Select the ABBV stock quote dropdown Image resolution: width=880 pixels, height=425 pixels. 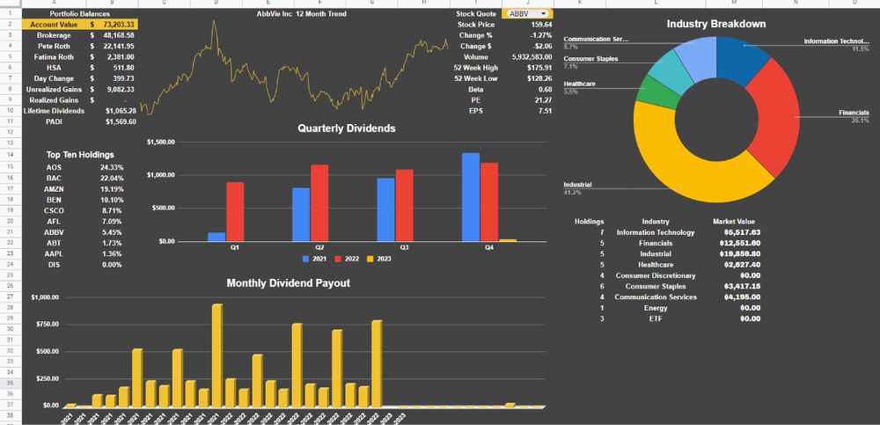(x=528, y=14)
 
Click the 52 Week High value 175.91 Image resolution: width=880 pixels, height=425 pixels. (x=539, y=67)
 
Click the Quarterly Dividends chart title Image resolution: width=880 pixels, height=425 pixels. (x=346, y=128)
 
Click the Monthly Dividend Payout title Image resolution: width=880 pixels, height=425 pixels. (x=289, y=282)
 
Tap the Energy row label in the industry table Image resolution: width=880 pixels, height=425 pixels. (x=656, y=307)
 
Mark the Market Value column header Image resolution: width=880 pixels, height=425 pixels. (x=734, y=222)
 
